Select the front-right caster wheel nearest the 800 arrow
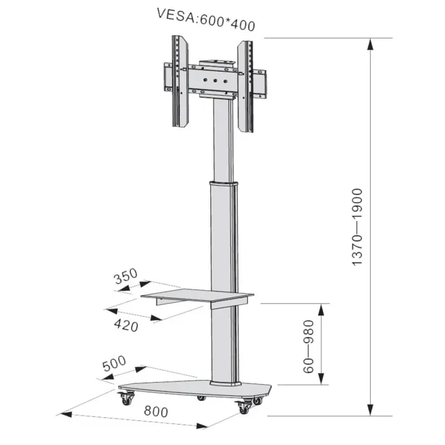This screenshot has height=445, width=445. coord(244,407)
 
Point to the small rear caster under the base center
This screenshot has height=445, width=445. coord(201,397)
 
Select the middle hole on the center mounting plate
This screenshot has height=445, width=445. coord(215,81)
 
